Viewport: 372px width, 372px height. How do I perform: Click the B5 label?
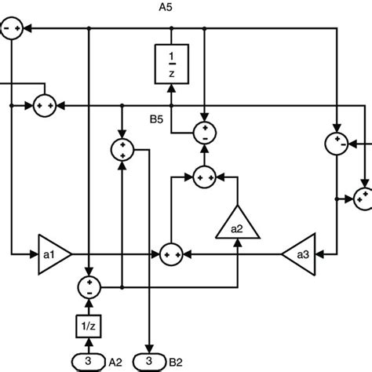click(x=158, y=121)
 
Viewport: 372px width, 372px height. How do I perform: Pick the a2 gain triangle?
click(x=236, y=222)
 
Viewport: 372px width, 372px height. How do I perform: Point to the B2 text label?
click(x=174, y=361)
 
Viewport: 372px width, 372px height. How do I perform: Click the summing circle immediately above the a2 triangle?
click(x=206, y=178)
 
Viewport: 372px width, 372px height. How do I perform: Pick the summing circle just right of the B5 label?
click(x=204, y=132)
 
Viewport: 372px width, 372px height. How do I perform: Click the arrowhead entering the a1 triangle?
click(x=33, y=253)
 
